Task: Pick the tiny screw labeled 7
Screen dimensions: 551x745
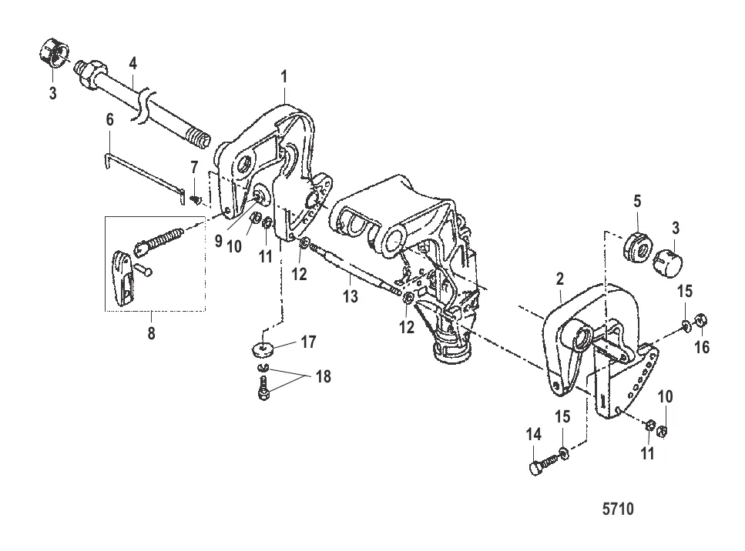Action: [195, 199]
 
